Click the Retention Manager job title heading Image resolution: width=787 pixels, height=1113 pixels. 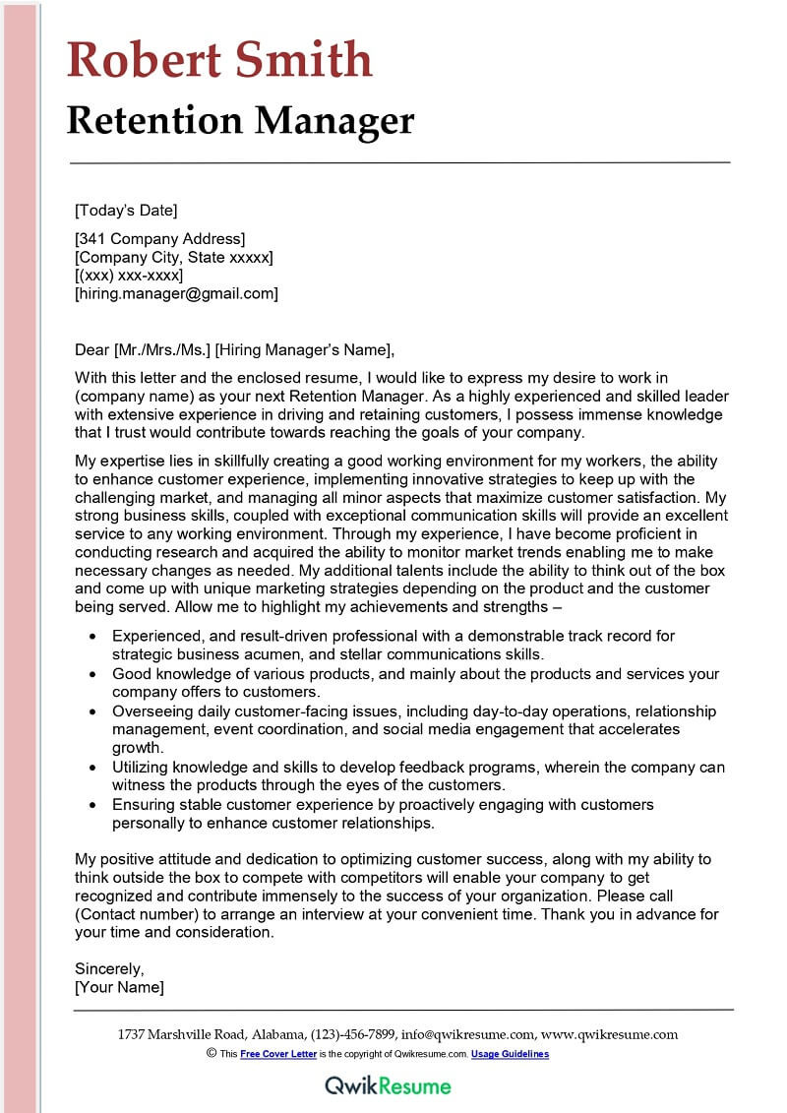click(240, 120)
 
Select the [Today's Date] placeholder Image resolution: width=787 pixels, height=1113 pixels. click(126, 210)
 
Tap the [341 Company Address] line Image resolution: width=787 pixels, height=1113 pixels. click(160, 238)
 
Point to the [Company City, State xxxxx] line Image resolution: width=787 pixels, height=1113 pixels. click(174, 257)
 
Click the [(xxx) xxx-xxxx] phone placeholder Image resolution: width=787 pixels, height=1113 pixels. click(129, 275)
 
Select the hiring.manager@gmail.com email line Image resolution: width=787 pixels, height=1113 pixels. click(176, 293)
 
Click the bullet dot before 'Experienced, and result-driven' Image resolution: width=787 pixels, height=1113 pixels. click(92, 637)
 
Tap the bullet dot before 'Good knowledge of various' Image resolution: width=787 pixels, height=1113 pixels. click(92, 674)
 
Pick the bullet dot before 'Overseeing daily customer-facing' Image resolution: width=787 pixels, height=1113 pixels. click(92, 711)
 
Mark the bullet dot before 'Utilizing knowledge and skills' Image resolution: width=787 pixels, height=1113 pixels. click(92, 768)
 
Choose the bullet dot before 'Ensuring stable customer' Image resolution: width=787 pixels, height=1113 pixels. click(92, 805)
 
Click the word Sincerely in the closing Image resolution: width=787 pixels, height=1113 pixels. click(109, 968)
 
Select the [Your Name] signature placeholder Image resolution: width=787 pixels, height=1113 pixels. click(120, 987)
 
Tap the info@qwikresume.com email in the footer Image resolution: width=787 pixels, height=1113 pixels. click(468, 1034)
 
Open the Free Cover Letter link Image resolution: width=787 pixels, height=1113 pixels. click(278, 1054)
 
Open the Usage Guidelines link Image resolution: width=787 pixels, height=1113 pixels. click(510, 1054)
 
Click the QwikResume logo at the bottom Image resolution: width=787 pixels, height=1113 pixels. click(389, 1085)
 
